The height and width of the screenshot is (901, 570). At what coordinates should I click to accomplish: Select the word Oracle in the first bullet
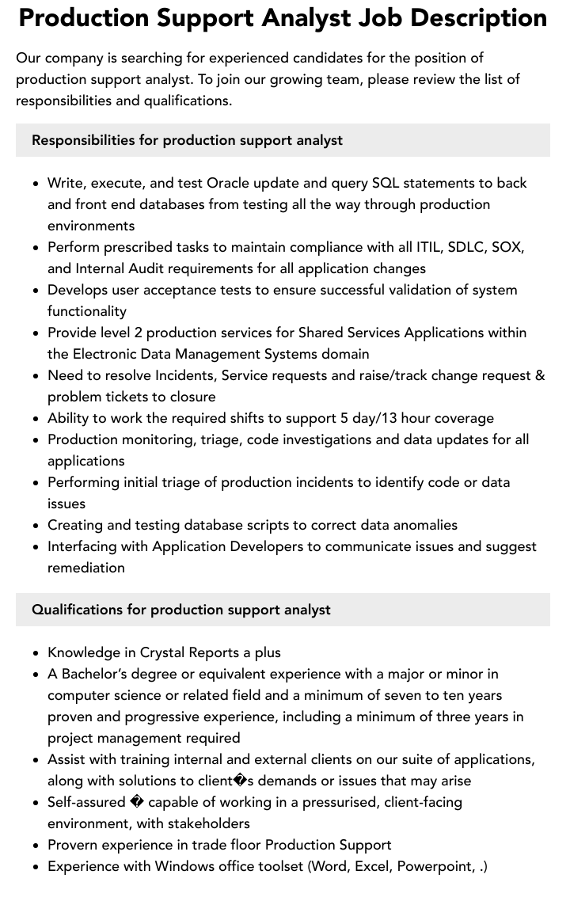[228, 183]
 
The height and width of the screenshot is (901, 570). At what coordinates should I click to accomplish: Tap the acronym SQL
[386, 183]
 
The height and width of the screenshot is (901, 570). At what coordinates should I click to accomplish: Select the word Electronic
[106, 354]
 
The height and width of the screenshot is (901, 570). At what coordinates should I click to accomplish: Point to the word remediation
[85, 568]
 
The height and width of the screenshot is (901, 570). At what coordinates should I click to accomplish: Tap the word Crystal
[161, 652]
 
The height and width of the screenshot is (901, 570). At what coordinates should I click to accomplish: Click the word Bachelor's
[96, 674]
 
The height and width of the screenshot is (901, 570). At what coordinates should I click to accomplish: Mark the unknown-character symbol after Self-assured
[136, 802]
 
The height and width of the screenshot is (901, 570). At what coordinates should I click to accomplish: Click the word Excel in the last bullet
[372, 866]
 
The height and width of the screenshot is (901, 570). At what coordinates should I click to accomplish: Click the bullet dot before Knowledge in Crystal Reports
[36, 653]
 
